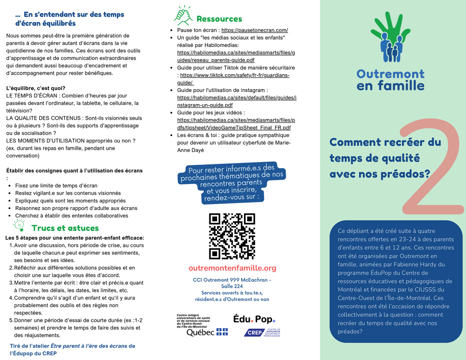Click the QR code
coord(232,236)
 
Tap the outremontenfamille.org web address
coord(232,268)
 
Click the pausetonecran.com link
coord(254,30)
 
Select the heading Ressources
coord(219,19)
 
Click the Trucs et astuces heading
coord(65,228)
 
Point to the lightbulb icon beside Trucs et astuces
coord(19,225)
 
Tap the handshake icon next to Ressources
coord(183,16)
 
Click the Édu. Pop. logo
coord(254,319)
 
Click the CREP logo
coord(262,333)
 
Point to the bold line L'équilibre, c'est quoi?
coord(35,88)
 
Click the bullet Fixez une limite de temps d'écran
coord(56,186)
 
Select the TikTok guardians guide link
coord(234,79)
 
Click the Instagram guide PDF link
coord(237,101)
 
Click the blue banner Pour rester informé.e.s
coord(232,183)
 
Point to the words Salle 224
coord(232,286)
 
